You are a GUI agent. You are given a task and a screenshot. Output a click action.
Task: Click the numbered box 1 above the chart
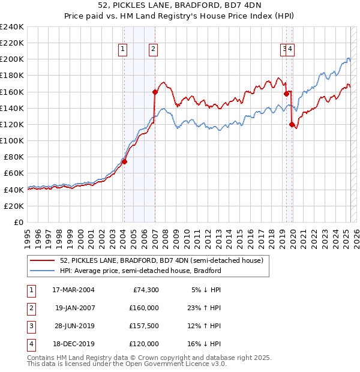pos(123,50)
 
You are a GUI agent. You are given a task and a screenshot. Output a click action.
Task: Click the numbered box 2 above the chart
pos(154,50)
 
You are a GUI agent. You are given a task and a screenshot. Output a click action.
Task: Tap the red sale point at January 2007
pos(155,92)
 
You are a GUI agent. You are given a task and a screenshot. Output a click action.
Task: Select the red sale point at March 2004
pos(124,161)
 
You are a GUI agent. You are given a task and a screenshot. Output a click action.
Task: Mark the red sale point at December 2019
pos(292,124)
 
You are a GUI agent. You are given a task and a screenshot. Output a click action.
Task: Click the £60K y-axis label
pos(14,173)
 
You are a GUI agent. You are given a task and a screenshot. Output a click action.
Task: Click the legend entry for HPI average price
pos(140,271)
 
